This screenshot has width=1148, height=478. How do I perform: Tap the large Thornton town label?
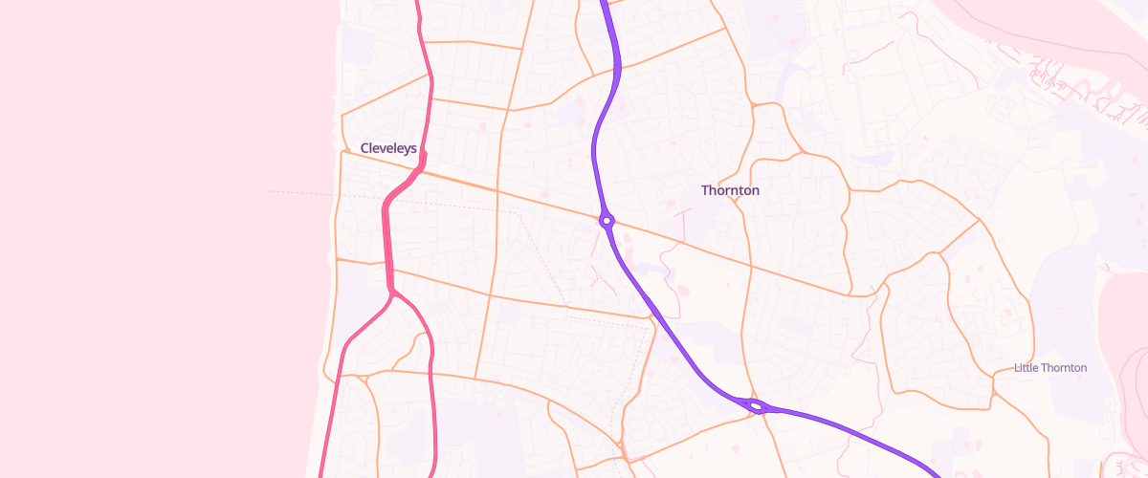pos(730,190)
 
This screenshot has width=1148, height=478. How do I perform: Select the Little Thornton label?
pos(1050,368)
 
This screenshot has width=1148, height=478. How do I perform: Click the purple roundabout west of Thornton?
pos(607,221)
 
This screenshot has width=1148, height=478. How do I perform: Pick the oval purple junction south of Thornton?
pos(756,406)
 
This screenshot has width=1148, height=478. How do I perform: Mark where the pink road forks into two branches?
pos(393,293)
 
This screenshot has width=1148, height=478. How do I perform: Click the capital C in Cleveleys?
pos(365,148)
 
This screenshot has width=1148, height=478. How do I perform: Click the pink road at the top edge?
pos(418,3)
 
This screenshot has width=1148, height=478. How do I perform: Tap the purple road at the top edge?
pos(604,3)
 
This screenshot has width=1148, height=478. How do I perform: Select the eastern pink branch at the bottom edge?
pos(435,474)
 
